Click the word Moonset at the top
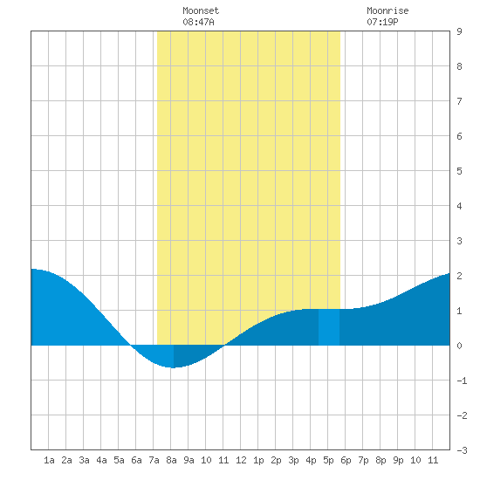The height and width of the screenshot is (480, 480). [201, 10]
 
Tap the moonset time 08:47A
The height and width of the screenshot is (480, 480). [198, 22]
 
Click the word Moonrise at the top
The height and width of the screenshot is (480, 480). [387, 10]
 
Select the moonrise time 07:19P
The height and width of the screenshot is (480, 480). [382, 22]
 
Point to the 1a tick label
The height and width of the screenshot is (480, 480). [49, 460]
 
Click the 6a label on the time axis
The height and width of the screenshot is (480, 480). [136, 460]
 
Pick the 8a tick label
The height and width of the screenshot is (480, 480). [171, 460]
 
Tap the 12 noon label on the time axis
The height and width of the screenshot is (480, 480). [241, 460]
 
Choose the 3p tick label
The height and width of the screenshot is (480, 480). [293, 460]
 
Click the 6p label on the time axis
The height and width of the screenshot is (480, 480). [346, 460]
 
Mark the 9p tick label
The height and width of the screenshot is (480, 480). [398, 460]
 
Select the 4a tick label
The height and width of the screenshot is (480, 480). [101, 460]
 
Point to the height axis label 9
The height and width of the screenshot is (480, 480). [459, 31]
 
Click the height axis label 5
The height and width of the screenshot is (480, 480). [459, 171]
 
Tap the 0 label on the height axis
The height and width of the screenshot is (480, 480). [459, 346]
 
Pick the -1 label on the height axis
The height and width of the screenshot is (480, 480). [462, 381]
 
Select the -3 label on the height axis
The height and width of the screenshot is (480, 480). [462, 450]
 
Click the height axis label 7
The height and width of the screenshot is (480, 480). [459, 101]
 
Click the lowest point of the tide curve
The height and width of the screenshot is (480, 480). [174, 367]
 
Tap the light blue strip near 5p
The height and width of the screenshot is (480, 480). [329, 327]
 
